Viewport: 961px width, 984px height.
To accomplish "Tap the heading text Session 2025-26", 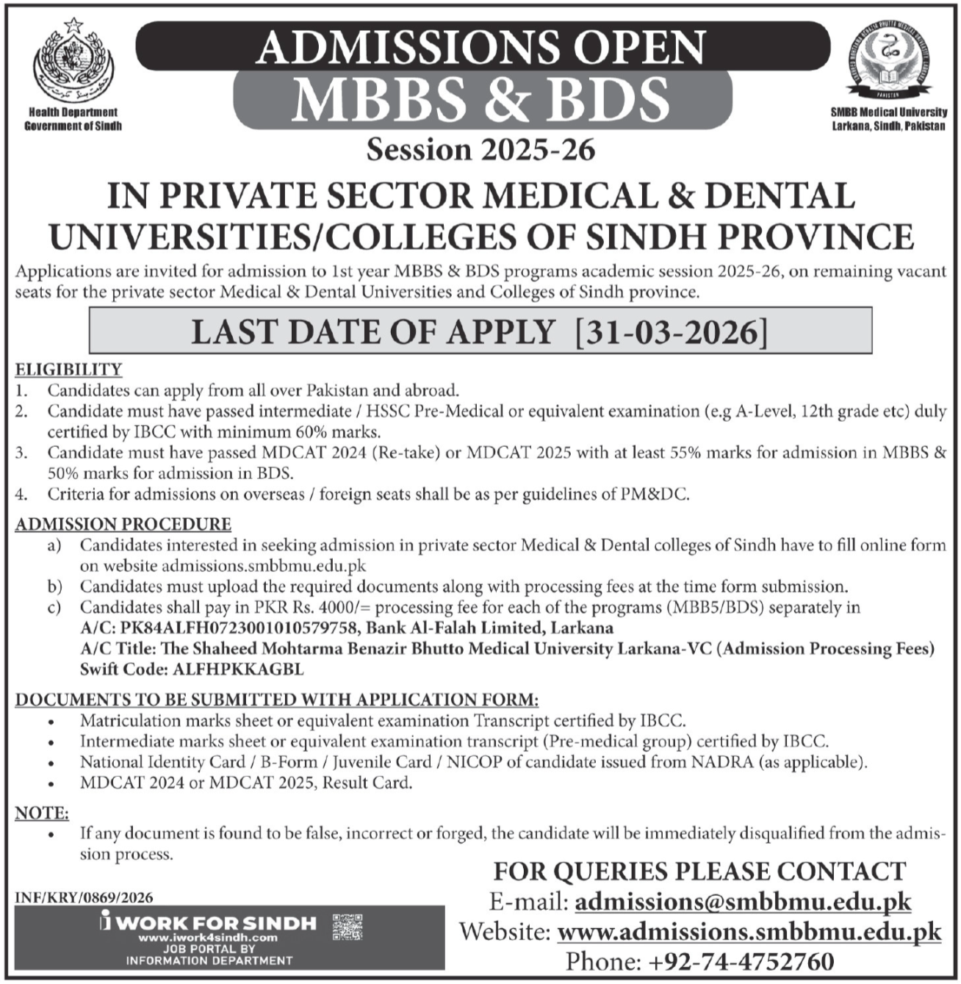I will (480, 150).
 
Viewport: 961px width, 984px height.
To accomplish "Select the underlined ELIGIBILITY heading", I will (68, 369).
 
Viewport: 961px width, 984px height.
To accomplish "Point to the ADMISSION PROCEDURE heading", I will (123, 524).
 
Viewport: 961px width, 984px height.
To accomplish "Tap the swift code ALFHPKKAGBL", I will (237, 669).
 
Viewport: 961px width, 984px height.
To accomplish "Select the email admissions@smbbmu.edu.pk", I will (743, 902).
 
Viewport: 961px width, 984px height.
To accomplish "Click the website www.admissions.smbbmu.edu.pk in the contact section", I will (749, 932).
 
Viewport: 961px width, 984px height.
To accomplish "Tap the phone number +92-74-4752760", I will (739, 961).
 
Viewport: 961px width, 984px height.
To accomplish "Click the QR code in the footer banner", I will (348, 927).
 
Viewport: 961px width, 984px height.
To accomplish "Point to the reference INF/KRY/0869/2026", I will (84, 897).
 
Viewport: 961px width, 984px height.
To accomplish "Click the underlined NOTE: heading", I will (42, 813).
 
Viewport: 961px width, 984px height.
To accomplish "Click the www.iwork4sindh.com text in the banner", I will (208, 938).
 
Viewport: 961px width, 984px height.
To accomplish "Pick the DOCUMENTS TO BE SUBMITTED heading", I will (277, 699).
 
